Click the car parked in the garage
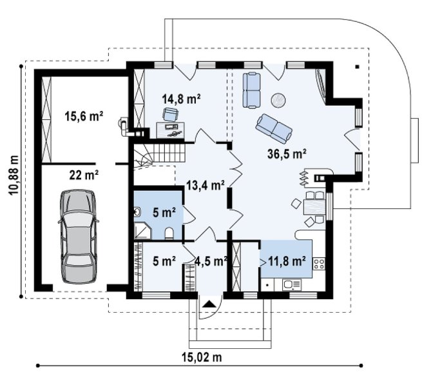78,237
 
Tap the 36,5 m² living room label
287,153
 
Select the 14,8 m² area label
181,99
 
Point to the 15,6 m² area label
84,116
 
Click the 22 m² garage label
84,175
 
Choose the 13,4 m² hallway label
206,185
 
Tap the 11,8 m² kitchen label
287,261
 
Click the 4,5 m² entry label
211,261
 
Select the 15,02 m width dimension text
202,358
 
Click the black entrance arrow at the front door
209,304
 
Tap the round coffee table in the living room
278,100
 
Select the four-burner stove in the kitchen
319,264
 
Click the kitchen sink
292,284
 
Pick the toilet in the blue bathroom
169,233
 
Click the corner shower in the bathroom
142,230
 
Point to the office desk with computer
170,130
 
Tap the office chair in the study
170,114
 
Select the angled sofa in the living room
274,129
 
